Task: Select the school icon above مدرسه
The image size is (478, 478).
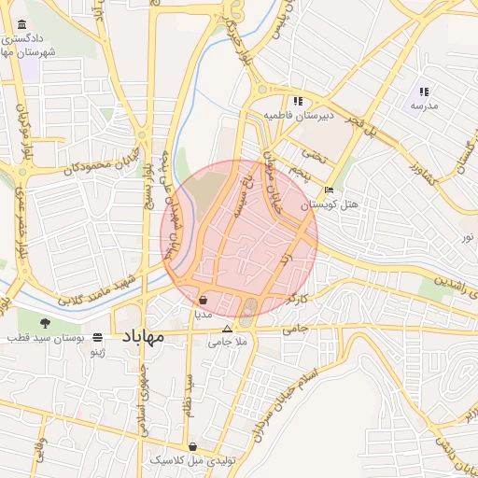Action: [424, 91]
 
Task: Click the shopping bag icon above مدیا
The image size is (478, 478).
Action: [204, 301]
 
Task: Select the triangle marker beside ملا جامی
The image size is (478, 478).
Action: [226, 330]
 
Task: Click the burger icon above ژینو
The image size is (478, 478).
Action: [98, 337]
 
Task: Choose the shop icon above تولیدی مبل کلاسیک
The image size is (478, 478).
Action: [193, 447]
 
